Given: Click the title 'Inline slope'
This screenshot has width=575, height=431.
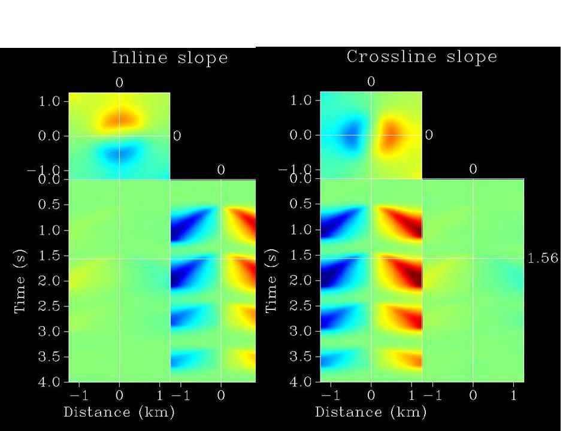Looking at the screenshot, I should (x=170, y=58).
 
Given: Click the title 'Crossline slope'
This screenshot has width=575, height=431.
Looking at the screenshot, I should (x=422, y=57).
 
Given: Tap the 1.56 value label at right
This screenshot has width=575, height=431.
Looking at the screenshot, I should (x=543, y=258).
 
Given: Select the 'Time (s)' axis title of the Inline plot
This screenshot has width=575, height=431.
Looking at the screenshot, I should (x=19, y=280).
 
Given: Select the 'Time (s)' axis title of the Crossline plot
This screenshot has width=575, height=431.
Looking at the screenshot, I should (x=271, y=280).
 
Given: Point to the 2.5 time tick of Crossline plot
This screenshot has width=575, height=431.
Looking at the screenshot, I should (x=300, y=306).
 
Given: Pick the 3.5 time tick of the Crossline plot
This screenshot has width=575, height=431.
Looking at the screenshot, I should (x=300, y=357).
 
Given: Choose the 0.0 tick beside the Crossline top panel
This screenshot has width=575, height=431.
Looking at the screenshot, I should (x=300, y=135).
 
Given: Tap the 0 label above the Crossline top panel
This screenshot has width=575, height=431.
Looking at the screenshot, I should (x=371, y=82).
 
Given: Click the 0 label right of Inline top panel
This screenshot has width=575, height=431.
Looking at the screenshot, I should (x=177, y=136).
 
